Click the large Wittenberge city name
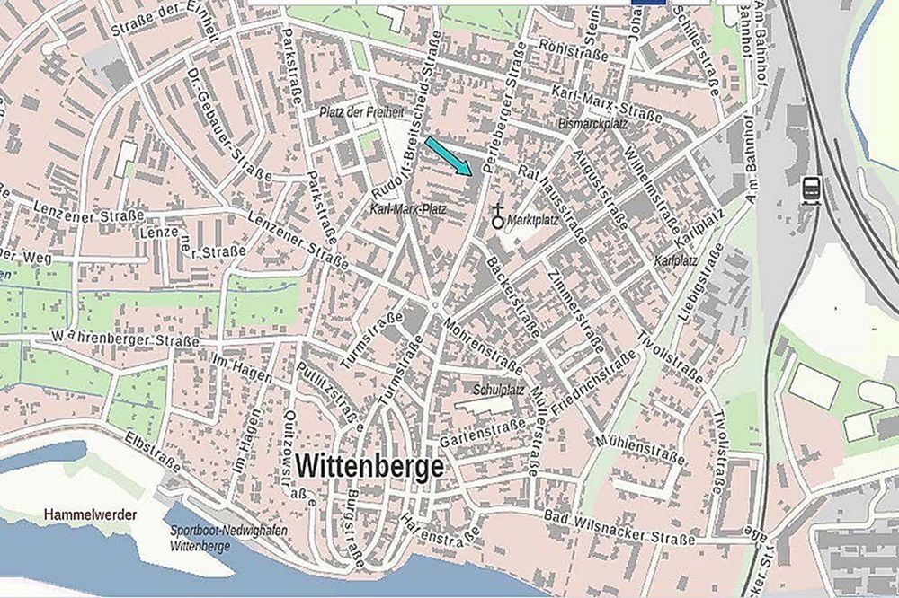[x=369, y=467]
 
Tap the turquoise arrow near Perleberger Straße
[x=449, y=156]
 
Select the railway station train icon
[x=810, y=190]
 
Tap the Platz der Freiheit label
[x=362, y=112]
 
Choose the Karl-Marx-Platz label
[x=408, y=208]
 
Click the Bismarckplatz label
[x=592, y=122]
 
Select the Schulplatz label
[x=499, y=391]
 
